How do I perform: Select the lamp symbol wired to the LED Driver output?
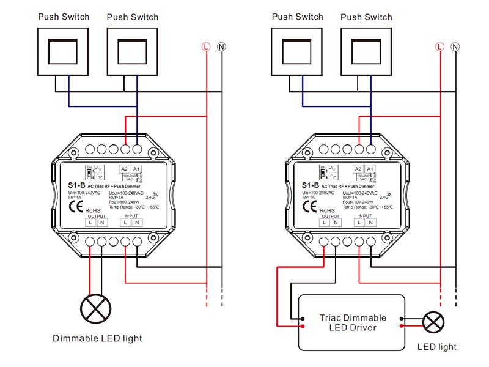(x=433, y=322)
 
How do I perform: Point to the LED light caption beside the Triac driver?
(x=436, y=347)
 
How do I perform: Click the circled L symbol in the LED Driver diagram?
(x=439, y=46)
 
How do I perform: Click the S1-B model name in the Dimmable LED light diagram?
(x=77, y=185)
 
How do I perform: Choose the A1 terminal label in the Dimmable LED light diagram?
(x=136, y=169)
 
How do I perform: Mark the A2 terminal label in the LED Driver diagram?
(x=358, y=169)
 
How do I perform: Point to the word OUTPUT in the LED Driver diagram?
(x=331, y=216)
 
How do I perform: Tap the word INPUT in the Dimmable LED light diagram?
(x=131, y=216)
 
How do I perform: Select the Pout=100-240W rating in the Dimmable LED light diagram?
(x=125, y=202)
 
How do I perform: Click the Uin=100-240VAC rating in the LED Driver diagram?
(x=318, y=193)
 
